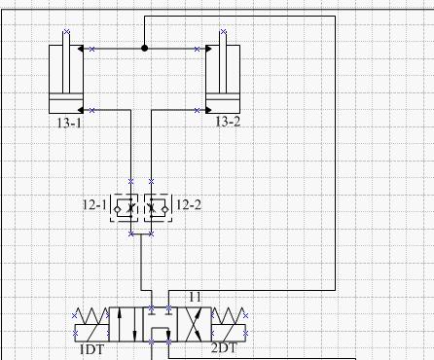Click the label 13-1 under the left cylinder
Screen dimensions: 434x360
[x=69, y=123]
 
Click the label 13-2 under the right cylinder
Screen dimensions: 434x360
[x=228, y=122]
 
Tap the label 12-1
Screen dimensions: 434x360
[x=94, y=205]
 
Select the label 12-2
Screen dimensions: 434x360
[x=189, y=205]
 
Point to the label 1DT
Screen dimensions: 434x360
[x=92, y=349]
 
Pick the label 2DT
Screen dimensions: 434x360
[x=224, y=348]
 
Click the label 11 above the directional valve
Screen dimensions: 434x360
[x=195, y=297]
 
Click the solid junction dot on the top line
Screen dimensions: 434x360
[x=145, y=49]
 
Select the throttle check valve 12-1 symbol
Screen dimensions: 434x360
[x=125, y=208]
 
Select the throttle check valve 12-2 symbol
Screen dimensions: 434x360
[x=158, y=208]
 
